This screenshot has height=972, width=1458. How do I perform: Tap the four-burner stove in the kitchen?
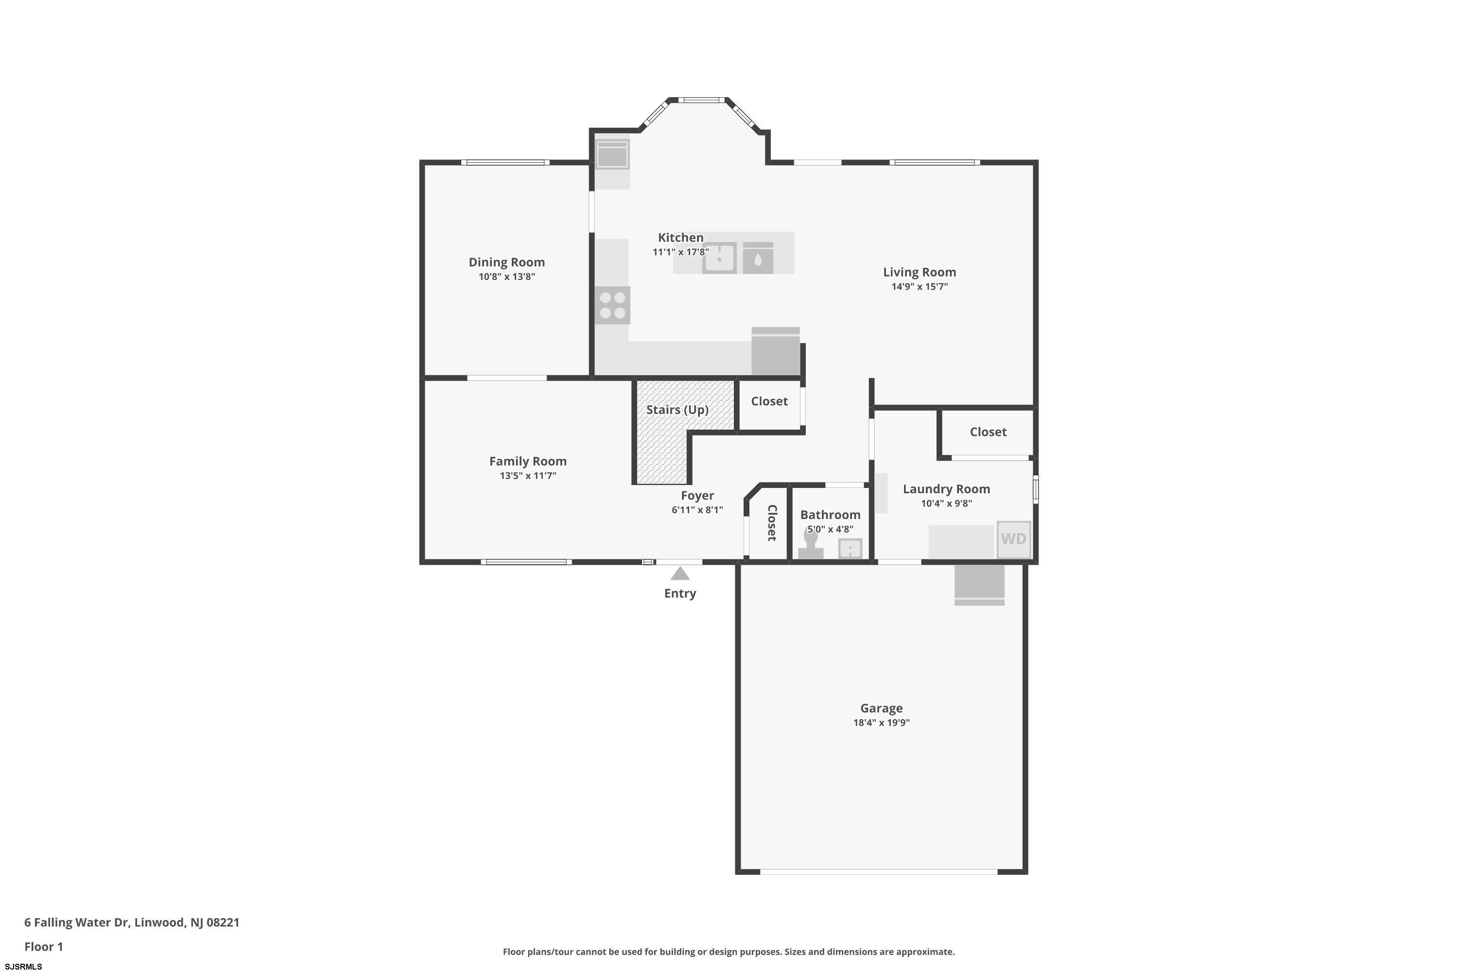(612, 305)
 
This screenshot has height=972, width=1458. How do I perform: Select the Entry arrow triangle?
(680, 573)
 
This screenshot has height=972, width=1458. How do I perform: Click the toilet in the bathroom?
(811, 544)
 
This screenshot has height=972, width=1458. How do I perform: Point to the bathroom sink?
(850, 549)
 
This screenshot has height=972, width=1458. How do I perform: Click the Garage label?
(881, 708)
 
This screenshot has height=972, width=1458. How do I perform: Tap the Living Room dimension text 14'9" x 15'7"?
(920, 286)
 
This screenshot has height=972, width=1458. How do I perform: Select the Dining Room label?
(506, 262)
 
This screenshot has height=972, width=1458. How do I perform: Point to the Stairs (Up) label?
(677, 410)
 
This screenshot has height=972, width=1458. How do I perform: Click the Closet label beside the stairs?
(769, 401)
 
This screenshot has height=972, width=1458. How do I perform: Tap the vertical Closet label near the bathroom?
(772, 522)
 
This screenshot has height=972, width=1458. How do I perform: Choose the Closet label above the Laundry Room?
(988, 432)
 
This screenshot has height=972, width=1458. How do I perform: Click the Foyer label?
(697, 495)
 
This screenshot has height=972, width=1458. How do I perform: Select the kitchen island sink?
(719, 258)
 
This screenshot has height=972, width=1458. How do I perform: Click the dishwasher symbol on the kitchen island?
(758, 258)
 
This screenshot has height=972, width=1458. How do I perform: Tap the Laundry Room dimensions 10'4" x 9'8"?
(946, 503)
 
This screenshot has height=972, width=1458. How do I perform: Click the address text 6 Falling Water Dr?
(76, 922)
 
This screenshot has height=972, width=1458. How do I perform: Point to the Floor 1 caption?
(43, 947)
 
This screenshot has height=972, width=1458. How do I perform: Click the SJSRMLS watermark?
(23, 967)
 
